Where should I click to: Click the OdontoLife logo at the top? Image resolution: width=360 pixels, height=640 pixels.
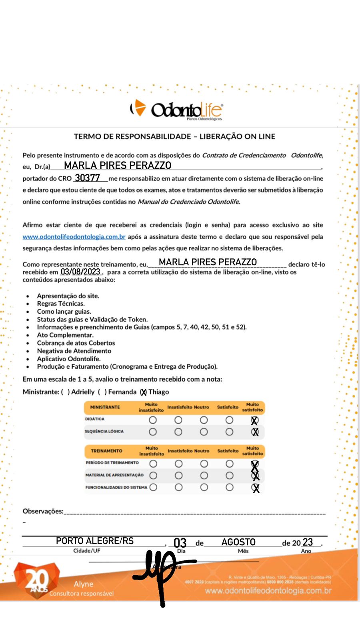[x=176, y=109]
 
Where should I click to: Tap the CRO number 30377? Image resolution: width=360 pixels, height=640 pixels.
[x=87, y=178]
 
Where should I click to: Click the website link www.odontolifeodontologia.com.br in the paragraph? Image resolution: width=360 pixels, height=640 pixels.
[x=74, y=237]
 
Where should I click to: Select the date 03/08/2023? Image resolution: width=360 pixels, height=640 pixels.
[x=80, y=272]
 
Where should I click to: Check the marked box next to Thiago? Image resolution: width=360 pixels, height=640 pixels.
[x=143, y=392]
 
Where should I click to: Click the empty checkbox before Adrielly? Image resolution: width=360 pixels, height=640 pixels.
[x=65, y=392]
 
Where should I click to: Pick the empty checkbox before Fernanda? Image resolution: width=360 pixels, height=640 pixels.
[x=102, y=392]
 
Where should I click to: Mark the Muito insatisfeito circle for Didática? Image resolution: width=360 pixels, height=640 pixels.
[x=152, y=420]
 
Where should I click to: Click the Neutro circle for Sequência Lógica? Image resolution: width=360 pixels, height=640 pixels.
[x=204, y=432]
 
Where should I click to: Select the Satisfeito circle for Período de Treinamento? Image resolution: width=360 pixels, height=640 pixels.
[x=229, y=464]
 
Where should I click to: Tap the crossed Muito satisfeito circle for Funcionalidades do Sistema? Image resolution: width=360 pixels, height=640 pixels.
[x=255, y=488]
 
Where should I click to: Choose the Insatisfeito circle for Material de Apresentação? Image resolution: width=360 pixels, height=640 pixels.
[x=178, y=476]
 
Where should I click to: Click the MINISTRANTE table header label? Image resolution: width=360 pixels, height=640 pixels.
[x=105, y=407]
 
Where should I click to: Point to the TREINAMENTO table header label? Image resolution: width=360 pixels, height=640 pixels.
[x=106, y=451]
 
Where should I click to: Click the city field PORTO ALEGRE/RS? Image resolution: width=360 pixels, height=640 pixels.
[x=95, y=541]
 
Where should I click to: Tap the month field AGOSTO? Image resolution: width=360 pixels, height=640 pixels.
[x=238, y=542]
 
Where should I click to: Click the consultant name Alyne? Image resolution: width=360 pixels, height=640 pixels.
[x=83, y=584]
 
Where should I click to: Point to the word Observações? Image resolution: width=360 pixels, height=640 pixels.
[x=43, y=511]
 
